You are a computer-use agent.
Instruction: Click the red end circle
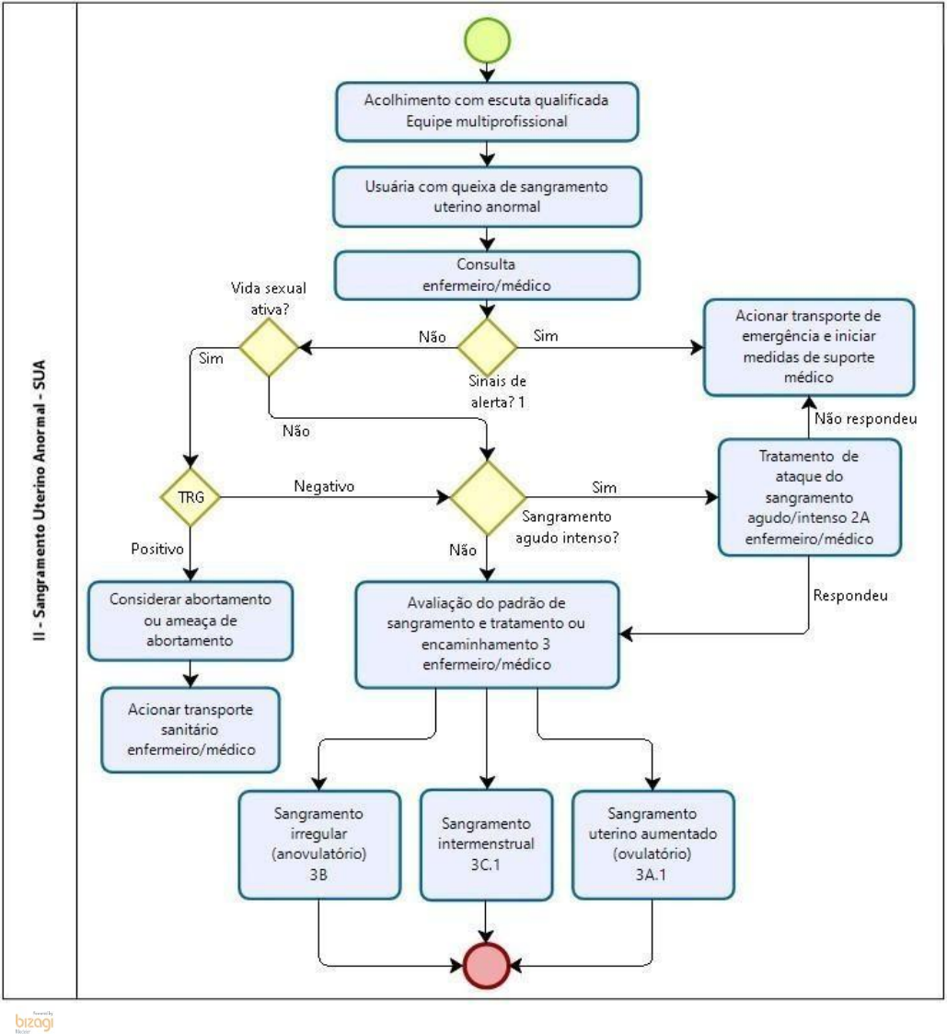pos(487,965)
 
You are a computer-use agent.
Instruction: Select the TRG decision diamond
pos(190,499)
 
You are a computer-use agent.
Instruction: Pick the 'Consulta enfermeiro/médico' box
pos(488,274)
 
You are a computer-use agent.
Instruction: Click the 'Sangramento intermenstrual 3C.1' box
pos(487,842)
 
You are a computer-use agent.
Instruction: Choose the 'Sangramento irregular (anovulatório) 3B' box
pos(318,842)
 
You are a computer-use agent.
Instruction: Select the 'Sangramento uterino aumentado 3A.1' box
pos(653,842)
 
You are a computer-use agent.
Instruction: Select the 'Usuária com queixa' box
pos(488,197)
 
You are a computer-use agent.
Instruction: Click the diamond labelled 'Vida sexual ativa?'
pos(269,347)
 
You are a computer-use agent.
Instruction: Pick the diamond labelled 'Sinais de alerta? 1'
pos(488,347)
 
